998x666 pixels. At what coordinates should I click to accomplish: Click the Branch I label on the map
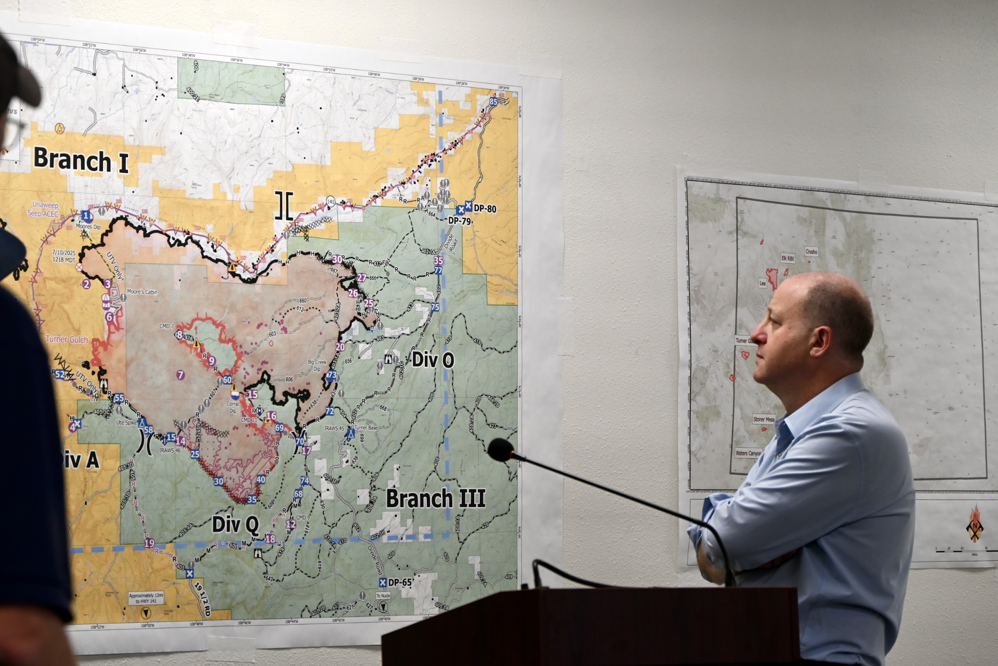[x=81, y=160]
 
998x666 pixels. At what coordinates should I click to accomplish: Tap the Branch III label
[x=436, y=499]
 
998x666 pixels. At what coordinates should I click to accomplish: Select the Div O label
[x=433, y=360]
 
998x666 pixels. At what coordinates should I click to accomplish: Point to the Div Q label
[x=235, y=525]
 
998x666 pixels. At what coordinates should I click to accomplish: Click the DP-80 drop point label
[x=485, y=209]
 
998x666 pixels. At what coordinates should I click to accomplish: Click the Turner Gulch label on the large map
[x=67, y=340]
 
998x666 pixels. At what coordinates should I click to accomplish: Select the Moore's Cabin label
[x=142, y=292]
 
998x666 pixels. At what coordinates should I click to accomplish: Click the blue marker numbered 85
[x=493, y=102]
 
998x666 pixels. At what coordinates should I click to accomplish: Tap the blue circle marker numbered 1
[x=86, y=215]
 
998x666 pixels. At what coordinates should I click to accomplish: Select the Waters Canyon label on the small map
[x=748, y=453]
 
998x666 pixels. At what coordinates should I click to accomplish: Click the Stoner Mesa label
[x=764, y=419]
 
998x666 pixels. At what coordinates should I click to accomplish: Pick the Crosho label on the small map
[x=811, y=252]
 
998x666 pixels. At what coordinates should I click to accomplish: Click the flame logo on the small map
[x=975, y=523]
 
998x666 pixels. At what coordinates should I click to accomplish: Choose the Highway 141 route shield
[x=331, y=201]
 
